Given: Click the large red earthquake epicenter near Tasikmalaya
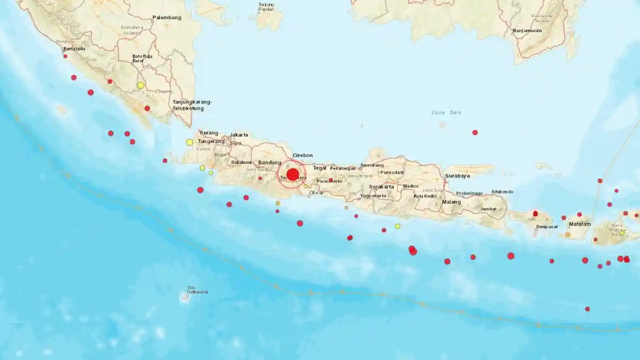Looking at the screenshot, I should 292,174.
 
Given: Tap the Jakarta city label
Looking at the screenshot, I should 239,135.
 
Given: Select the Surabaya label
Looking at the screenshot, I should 458,175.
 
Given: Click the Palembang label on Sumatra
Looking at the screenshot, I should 167,18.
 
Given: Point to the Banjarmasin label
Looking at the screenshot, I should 527,30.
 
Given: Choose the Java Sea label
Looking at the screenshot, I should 446,113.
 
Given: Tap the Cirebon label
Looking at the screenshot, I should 302,155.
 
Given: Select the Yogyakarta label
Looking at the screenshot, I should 373,196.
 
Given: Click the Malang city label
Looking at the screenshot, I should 452,202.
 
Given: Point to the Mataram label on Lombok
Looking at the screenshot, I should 580,224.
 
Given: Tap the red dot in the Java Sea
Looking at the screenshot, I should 475,132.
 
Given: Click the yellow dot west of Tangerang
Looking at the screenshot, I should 189,142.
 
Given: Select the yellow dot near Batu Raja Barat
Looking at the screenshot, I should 141,85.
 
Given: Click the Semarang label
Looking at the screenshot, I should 372,165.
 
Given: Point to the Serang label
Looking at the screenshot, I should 209,133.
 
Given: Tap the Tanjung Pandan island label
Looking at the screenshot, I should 266,7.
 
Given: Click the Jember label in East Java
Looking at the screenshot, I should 489,209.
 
